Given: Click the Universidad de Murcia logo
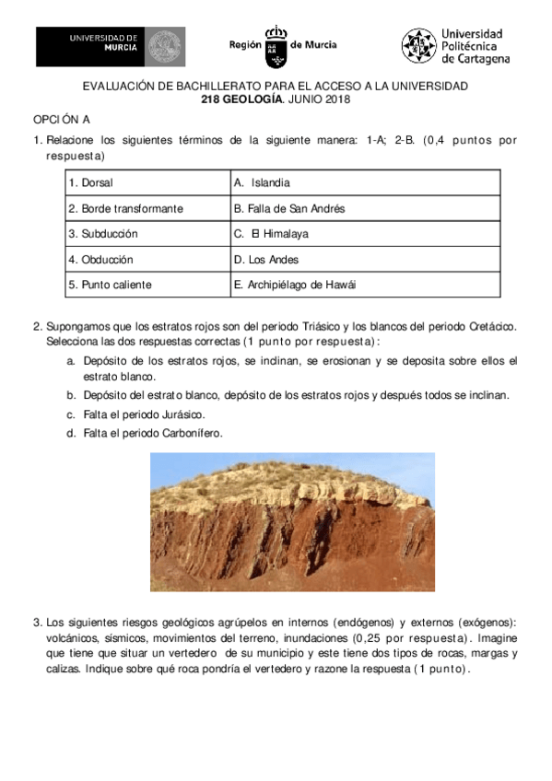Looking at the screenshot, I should [x=110, y=46].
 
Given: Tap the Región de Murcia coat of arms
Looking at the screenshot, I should [x=276, y=46].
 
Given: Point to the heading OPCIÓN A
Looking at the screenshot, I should [x=62, y=121].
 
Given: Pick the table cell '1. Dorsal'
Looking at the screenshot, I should [x=90, y=183].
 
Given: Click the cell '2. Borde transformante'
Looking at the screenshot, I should [x=125, y=209].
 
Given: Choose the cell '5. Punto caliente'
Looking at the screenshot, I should [x=110, y=286].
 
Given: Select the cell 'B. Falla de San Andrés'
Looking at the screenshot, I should [x=289, y=209].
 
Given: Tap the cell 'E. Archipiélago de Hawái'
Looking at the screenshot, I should [x=295, y=286].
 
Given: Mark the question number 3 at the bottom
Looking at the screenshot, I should [x=37, y=622].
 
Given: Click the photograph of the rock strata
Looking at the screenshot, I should [x=292, y=522].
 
